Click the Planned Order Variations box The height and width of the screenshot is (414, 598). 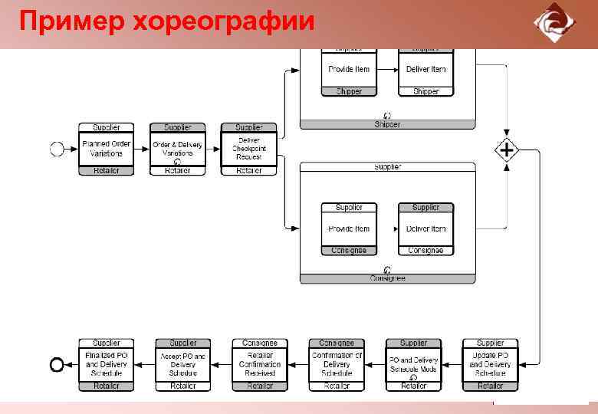[106, 149]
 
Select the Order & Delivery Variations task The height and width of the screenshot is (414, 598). [177, 149]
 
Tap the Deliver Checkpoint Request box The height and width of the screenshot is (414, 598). [248, 149]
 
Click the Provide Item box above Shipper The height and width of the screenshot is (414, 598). [349, 70]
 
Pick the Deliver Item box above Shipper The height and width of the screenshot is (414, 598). [426, 70]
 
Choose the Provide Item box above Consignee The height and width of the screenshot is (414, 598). [349, 229]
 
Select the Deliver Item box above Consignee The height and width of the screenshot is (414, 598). [426, 229]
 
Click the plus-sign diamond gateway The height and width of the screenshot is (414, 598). [506, 149]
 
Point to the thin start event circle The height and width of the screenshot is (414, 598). [57, 149]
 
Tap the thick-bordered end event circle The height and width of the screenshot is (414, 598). [56, 365]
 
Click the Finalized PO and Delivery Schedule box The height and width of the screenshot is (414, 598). [106, 365]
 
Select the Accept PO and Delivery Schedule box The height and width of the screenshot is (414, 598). [182, 365]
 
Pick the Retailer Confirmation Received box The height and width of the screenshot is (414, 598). [260, 365]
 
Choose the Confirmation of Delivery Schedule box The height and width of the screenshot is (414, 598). [337, 365]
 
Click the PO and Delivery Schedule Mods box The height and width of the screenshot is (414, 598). [413, 365]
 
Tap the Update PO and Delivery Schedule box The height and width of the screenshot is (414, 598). [490, 365]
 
